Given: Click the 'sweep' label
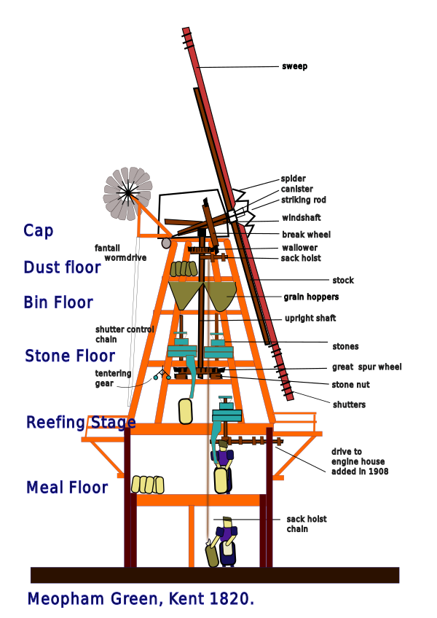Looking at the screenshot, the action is [294, 66].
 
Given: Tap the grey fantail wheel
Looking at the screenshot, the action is [127, 192].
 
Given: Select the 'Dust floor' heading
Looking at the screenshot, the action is [62, 267].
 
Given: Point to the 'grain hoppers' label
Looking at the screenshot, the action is [311, 297].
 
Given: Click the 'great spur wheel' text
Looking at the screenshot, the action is [366, 367].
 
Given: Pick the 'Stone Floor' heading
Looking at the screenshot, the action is [70, 356].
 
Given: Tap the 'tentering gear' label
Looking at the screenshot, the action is [113, 378].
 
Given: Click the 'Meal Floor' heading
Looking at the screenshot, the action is [67, 487].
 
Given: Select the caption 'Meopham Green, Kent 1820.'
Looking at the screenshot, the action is [141, 599].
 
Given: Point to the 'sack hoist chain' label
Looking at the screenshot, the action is [307, 524].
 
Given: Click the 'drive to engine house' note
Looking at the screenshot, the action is [359, 461].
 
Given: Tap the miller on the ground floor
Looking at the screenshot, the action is [223, 542].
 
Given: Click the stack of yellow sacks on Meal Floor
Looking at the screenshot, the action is [148, 485].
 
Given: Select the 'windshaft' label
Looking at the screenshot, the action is [301, 218].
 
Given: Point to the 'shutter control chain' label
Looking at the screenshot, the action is [125, 335].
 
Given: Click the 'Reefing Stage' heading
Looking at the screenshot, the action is [81, 422].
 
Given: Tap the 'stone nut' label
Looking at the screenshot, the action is [351, 385].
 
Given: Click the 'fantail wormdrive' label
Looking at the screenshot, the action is [121, 253].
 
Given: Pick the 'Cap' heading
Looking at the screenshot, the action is [38, 231].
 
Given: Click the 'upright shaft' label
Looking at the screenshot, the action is [310, 318].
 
